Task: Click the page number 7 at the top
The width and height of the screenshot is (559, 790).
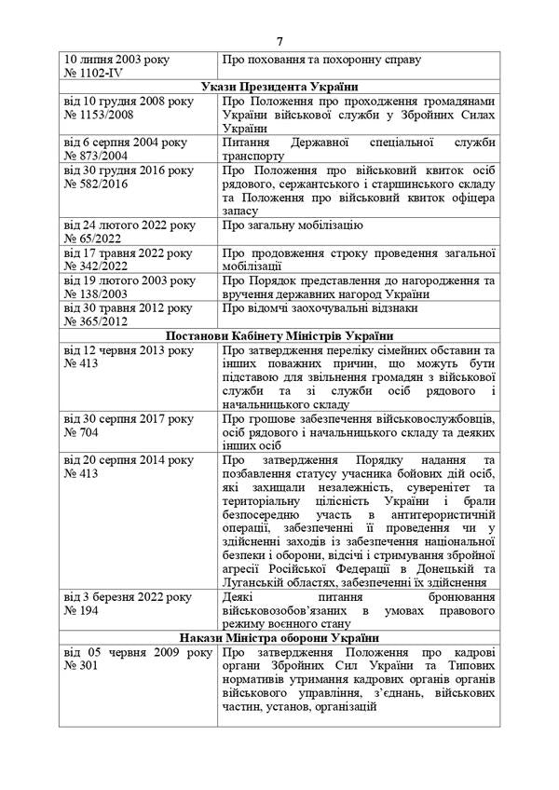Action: pos(279,41)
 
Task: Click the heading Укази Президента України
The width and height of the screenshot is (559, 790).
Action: pos(279,85)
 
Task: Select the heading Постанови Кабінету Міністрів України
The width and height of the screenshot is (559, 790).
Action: pos(279,336)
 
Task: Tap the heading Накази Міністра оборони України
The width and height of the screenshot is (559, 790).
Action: pos(279,636)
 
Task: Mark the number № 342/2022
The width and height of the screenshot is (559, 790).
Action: pos(97,266)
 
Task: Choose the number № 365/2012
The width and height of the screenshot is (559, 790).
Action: pos(97,321)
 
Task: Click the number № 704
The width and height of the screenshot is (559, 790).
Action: pos(81,436)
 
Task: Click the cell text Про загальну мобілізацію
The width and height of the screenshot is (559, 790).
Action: pos(293,226)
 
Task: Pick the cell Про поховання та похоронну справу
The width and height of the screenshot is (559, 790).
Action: pos(321,59)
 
